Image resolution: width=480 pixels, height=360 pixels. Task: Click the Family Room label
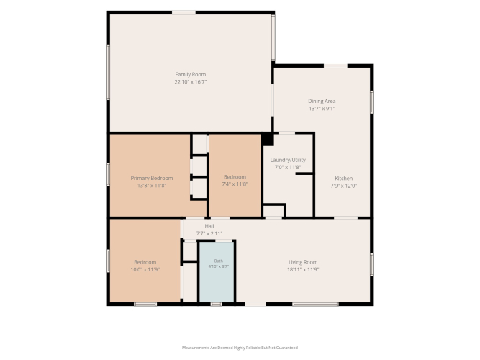[x=191, y=74]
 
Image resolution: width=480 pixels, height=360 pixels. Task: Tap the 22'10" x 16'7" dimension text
[x=191, y=82]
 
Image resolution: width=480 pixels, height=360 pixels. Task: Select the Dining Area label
[x=322, y=101]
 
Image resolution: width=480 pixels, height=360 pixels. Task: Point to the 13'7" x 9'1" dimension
[x=322, y=109]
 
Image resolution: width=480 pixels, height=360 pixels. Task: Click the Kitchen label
[x=343, y=179]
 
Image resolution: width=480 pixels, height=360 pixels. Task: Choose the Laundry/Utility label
[x=288, y=160]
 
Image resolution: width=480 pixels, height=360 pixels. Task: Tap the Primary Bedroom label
[x=152, y=179]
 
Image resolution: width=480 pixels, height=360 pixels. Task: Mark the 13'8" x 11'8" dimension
[x=152, y=186]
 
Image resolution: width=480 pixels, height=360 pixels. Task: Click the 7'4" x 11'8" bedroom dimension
[x=235, y=184]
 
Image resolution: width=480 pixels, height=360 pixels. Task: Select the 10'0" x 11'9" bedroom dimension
[x=145, y=269]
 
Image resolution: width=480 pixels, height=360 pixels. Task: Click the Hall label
[x=209, y=226]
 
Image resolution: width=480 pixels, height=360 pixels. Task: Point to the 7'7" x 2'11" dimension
[x=209, y=233]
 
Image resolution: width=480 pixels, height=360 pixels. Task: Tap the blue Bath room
[x=217, y=272]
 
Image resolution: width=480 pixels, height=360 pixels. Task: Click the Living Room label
[x=303, y=262]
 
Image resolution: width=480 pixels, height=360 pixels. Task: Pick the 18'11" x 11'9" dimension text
[x=303, y=269]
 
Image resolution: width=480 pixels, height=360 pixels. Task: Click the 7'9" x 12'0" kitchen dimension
[x=343, y=186]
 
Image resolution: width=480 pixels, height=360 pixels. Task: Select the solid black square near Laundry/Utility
[x=268, y=140]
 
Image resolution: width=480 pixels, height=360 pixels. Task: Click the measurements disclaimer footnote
[x=240, y=348]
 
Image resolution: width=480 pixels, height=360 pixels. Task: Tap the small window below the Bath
[x=217, y=305]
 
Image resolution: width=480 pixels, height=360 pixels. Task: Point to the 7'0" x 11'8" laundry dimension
[x=288, y=167]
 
